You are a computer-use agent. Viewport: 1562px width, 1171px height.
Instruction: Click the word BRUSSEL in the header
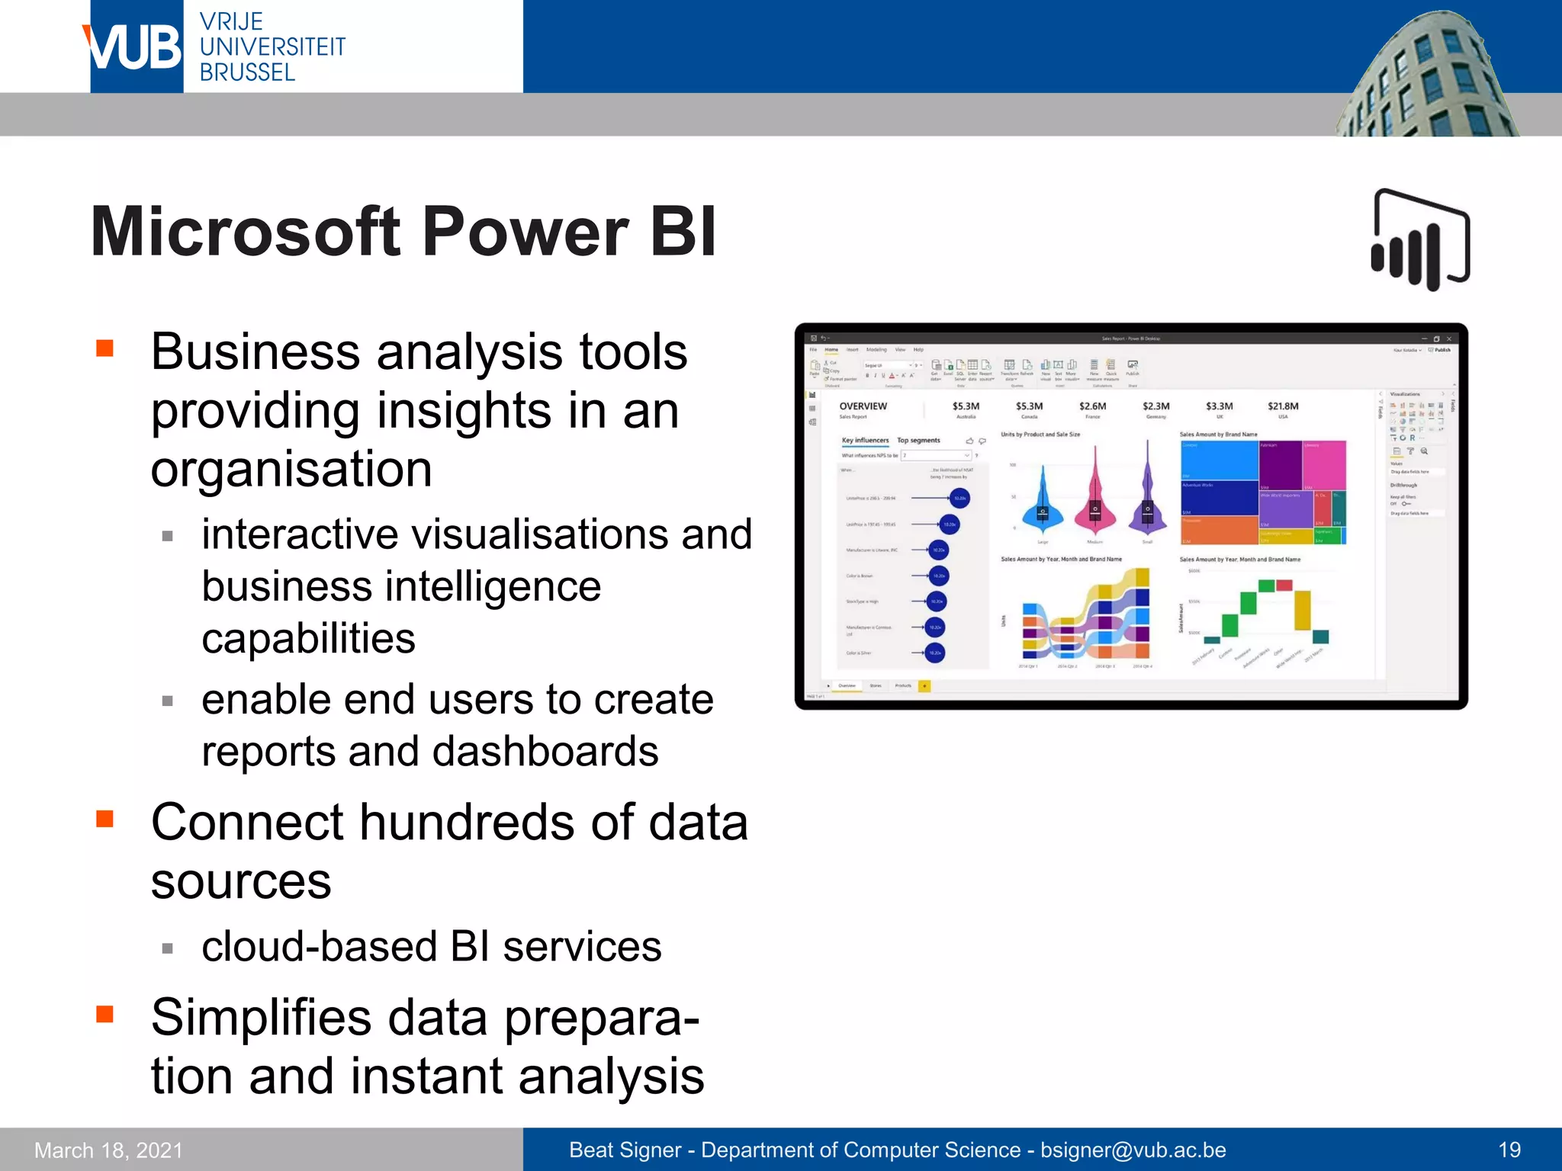pyautogui.click(x=247, y=73)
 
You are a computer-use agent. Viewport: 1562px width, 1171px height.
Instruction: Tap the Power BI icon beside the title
pyautogui.click(x=1420, y=240)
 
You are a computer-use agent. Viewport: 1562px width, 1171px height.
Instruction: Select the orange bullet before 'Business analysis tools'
pyautogui.click(x=105, y=349)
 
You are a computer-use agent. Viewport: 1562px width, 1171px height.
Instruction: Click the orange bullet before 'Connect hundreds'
pyautogui.click(x=105, y=820)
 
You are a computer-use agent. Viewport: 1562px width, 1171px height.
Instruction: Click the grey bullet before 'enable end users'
pyautogui.click(x=168, y=701)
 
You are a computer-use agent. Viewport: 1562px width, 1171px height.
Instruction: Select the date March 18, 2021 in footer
pyautogui.click(x=109, y=1150)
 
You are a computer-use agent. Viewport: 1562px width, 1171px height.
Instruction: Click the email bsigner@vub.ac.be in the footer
pyautogui.click(x=1133, y=1150)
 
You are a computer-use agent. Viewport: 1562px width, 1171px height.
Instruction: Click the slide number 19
pyautogui.click(x=1509, y=1150)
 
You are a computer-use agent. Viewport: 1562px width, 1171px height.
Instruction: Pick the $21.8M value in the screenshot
pyautogui.click(x=1283, y=406)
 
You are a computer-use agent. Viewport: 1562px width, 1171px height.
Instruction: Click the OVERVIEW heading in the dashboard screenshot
pyautogui.click(x=863, y=406)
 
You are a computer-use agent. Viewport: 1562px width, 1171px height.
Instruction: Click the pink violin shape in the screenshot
pyautogui.click(x=1095, y=503)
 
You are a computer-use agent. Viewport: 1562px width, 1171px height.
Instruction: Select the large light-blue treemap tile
pyautogui.click(x=1218, y=460)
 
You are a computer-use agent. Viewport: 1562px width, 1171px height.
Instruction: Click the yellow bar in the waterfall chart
pyautogui.click(x=1303, y=611)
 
